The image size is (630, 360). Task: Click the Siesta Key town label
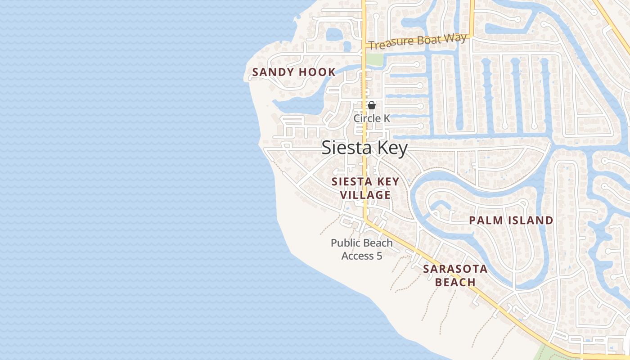[364, 148]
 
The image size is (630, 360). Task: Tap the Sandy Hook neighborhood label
[294, 72]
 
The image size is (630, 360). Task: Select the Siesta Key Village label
[365, 188]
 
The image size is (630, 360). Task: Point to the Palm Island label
[511, 220]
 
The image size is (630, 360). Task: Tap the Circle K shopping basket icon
[372, 105]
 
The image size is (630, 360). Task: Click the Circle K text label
[372, 118]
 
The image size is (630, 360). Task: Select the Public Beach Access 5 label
[362, 249]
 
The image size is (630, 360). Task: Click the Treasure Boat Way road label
[418, 42]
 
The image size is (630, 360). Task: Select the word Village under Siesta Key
[365, 195]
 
